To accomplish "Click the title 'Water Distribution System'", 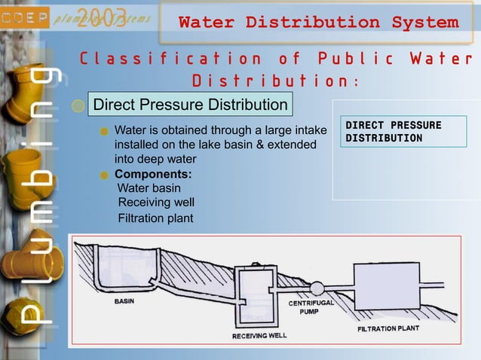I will pos(318,22).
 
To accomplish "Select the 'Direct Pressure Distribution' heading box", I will pos(189,105).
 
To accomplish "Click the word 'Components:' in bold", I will pos(148,174).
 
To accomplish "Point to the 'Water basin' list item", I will pos(149,188).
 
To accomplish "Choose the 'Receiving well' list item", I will pos(156,203).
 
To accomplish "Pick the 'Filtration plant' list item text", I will pos(155,218).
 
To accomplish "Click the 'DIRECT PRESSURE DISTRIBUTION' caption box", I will pos(393,131).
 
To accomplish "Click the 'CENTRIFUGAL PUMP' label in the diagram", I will pos(309,307).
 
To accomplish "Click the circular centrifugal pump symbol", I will pos(317,288).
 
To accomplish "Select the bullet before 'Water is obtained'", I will pos(106,130).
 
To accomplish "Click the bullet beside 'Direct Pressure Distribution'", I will pos(79,106).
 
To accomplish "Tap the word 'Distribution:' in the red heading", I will pos(276,81).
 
